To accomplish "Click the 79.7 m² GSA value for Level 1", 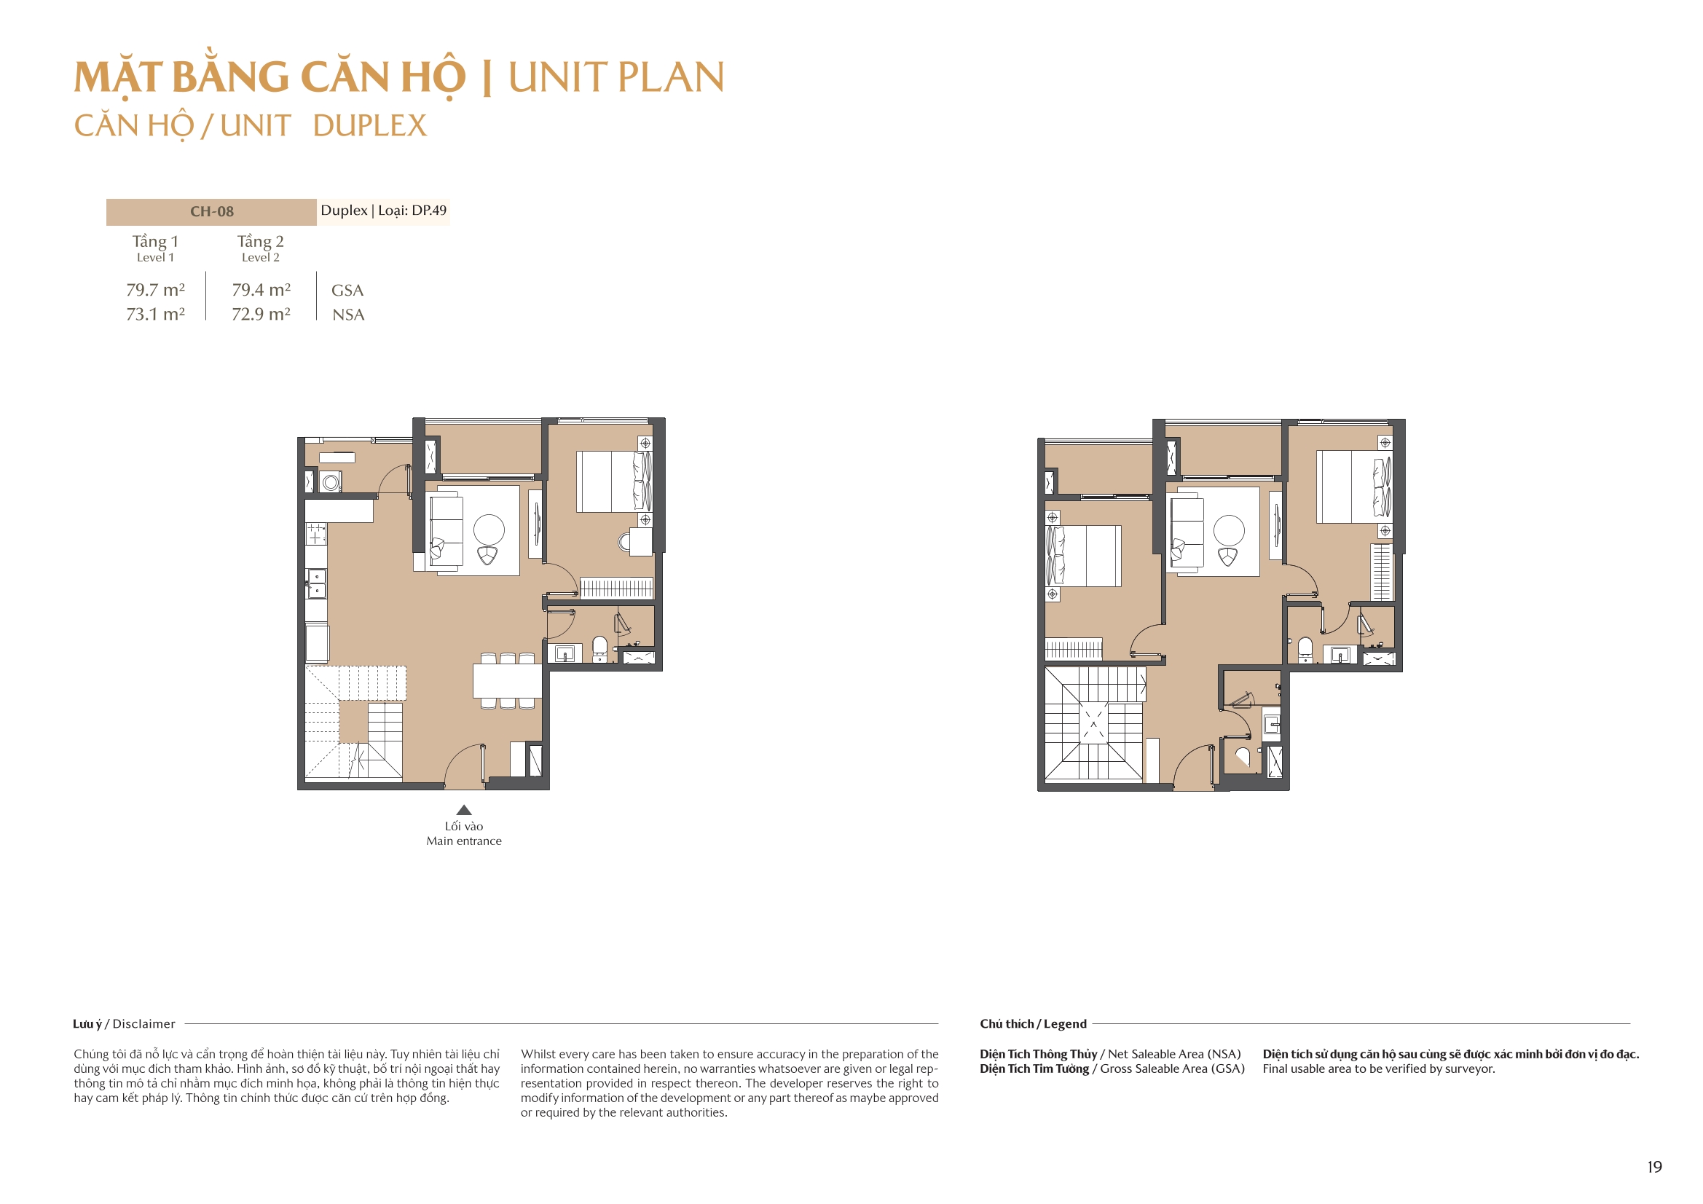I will click(x=155, y=290).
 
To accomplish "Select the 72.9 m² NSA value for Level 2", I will click(x=260, y=315).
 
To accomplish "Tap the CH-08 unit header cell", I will click(x=211, y=211).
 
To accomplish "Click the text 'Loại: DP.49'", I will click(x=412, y=210).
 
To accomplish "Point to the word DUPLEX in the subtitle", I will click(x=369, y=126).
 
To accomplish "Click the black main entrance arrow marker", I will click(x=463, y=810).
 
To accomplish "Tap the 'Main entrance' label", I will click(x=463, y=841).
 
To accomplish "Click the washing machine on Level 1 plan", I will click(x=331, y=483).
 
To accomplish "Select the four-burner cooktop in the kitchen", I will click(x=316, y=533).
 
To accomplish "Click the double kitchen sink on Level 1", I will click(x=317, y=584).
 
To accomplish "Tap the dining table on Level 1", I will click(x=508, y=681).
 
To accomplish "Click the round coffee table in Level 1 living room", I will click(x=489, y=530).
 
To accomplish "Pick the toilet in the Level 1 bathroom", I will click(x=600, y=648).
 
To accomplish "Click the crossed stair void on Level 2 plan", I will click(x=1093, y=723).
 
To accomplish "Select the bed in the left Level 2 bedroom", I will click(x=1084, y=556).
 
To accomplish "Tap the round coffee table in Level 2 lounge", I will click(x=1229, y=530).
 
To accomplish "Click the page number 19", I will click(x=1654, y=1167).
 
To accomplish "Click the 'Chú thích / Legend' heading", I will click(x=1032, y=1024).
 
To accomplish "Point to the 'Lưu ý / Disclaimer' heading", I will click(x=124, y=1024).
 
